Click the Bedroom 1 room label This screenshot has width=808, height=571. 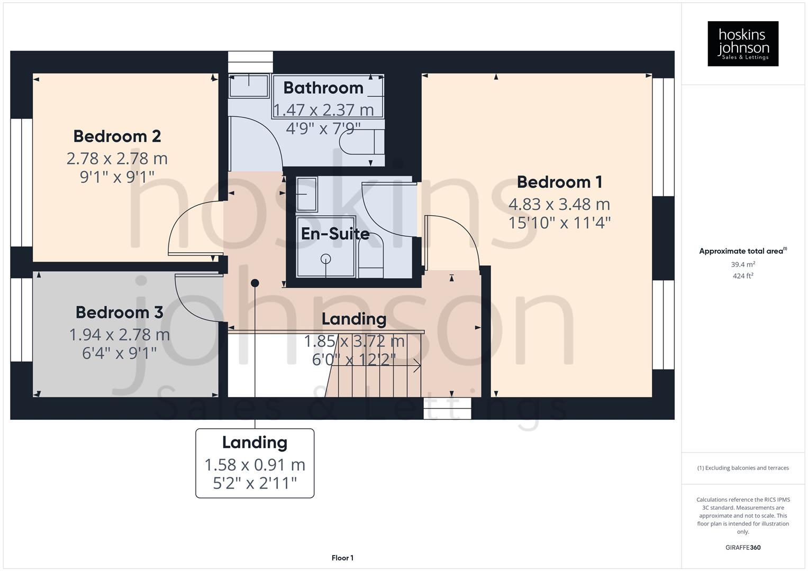point(559,182)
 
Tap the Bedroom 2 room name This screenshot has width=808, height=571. point(117,136)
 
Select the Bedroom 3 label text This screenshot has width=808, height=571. point(119,312)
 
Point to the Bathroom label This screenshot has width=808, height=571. point(323,88)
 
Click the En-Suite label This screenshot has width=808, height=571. point(335,234)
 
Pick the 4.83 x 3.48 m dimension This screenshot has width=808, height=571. point(559,204)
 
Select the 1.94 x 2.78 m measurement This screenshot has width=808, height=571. point(119,335)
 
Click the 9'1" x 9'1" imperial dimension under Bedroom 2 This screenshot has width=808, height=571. point(117,177)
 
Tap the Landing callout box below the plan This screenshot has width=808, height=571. point(255,463)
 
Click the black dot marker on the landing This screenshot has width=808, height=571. point(255,283)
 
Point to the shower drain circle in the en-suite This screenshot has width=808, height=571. point(325,259)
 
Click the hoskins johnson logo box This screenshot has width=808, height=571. point(743,44)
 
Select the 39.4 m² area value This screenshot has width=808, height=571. point(743,264)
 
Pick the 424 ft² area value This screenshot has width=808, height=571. point(743,276)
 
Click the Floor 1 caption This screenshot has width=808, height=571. point(342,558)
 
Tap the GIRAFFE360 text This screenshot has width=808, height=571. point(743,548)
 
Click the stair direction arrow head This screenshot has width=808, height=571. point(418,365)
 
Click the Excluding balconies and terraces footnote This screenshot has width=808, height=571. point(743,468)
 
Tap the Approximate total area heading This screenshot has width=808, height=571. point(742,251)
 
